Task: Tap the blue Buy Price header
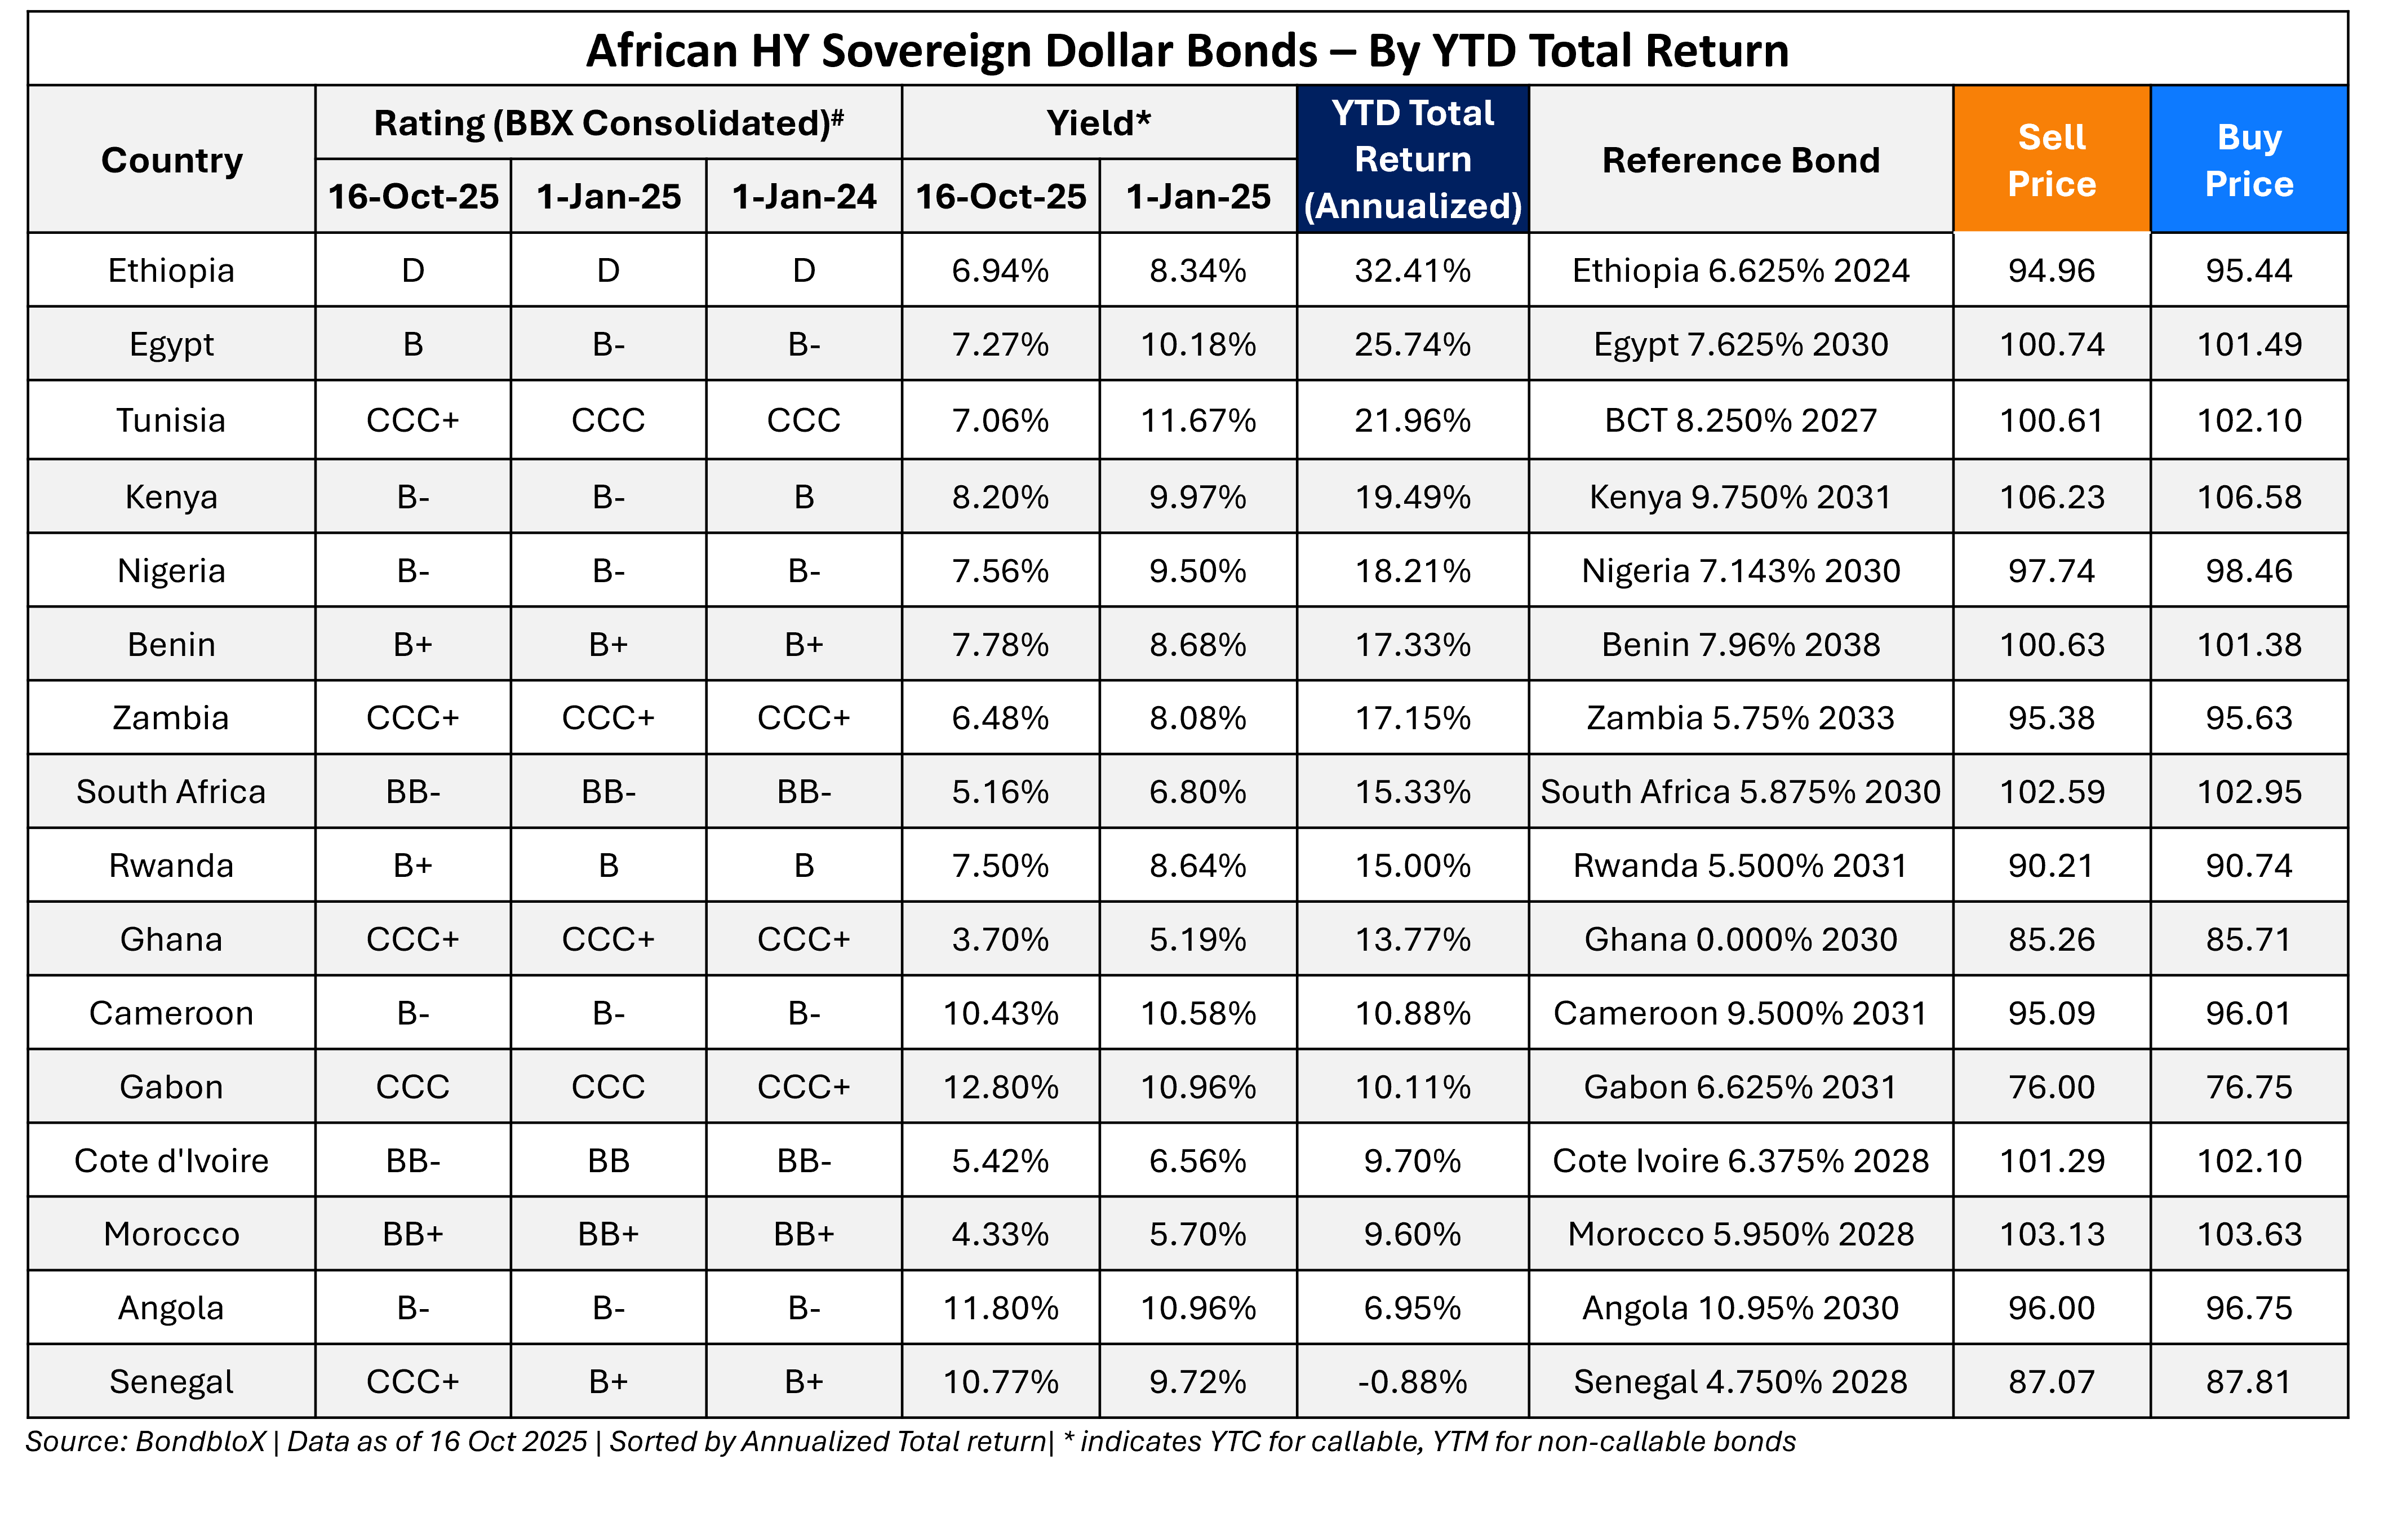pyautogui.click(x=2248, y=159)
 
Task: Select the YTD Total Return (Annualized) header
pyautogui.click(x=1412, y=159)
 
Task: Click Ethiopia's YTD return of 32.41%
pyautogui.click(x=1412, y=271)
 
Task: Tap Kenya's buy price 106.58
pyautogui.click(x=2248, y=496)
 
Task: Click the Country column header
pyautogui.click(x=171, y=159)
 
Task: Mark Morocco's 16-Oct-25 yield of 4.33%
pyautogui.click(x=1000, y=1234)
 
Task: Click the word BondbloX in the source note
pyautogui.click(x=200, y=1441)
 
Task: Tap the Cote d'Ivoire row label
pyautogui.click(x=171, y=1160)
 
